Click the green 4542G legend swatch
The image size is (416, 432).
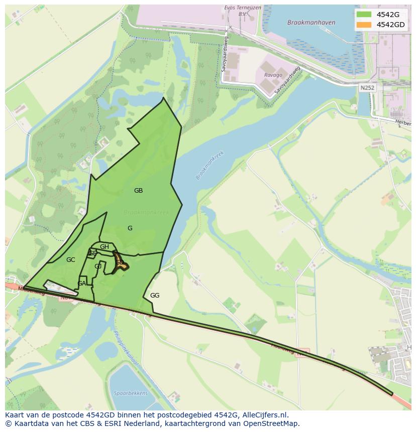[x=364, y=15]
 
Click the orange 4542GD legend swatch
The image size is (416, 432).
[x=364, y=25]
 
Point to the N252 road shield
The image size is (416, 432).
[x=367, y=87]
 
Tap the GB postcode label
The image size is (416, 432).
[x=138, y=191]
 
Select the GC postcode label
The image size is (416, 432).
[x=70, y=260]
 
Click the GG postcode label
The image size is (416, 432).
[x=155, y=296]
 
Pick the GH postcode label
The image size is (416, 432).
[x=105, y=247]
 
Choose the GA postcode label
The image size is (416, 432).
[x=81, y=283]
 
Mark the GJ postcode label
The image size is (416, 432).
[x=98, y=266]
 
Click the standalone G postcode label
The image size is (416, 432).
[x=130, y=228]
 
